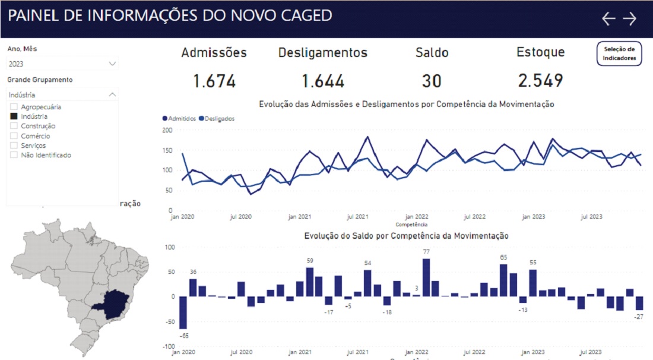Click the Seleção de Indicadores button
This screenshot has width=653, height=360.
(x=619, y=53)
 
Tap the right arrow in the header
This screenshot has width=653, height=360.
(x=629, y=19)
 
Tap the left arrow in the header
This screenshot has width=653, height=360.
(x=608, y=19)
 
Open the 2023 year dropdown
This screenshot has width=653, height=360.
(x=62, y=64)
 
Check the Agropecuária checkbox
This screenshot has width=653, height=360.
(x=14, y=107)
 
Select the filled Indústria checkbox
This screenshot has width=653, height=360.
(x=14, y=116)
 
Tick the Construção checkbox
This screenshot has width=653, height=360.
(x=14, y=126)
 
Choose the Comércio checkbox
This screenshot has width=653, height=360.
(x=14, y=136)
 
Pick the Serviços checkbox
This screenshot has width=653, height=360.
(x=14, y=146)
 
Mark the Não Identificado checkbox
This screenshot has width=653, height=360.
(x=14, y=155)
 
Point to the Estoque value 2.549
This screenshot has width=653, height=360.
(x=540, y=81)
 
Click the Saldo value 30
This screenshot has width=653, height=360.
(x=432, y=81)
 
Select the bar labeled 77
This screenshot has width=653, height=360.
(x=426, y=277)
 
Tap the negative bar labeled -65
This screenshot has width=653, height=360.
(x=183, y=312)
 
